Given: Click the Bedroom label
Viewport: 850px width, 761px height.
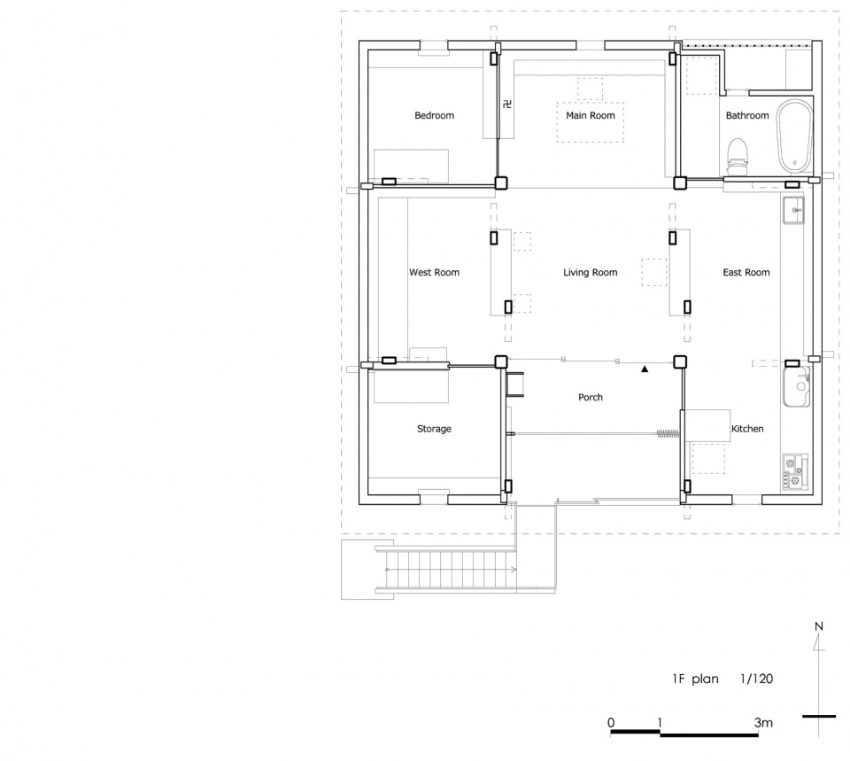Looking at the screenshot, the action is [x=434, y=115].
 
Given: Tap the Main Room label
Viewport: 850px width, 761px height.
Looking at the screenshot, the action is [x=591, y=115].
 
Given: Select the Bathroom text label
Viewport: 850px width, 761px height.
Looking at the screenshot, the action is [x=747, y=115].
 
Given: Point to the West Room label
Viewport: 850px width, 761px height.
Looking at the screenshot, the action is [x=434, y=272].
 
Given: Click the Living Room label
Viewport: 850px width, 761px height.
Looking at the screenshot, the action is [x=591, y=272].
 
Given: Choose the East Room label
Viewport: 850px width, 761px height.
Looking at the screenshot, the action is [x=746, y=272].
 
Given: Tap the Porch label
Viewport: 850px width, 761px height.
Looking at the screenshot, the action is [x=591, y=397].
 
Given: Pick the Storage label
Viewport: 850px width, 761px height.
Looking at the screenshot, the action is [x=434, y=429].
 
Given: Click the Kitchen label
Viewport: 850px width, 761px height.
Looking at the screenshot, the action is [x=747, y=429].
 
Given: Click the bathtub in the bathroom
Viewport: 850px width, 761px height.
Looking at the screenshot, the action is [x=795, y=135].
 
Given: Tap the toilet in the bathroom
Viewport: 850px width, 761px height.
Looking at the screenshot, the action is [x=737, y=157].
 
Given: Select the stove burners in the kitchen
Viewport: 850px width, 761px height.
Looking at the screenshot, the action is [x=795, y=473].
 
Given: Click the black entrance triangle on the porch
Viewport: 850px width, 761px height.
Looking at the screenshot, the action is [x=645, y=369].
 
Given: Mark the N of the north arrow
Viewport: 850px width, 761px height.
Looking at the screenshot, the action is [x=819, y=626].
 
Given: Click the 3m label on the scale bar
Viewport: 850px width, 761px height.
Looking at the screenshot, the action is [x=763, y=723].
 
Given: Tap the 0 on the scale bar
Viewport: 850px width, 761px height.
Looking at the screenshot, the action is [x=612, y=723].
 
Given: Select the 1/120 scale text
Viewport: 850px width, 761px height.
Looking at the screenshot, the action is [x=757, y=679].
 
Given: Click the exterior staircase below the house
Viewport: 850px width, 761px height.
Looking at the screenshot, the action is [x=444, y=570].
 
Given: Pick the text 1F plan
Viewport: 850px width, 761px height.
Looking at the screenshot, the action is [x=696, y=679].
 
